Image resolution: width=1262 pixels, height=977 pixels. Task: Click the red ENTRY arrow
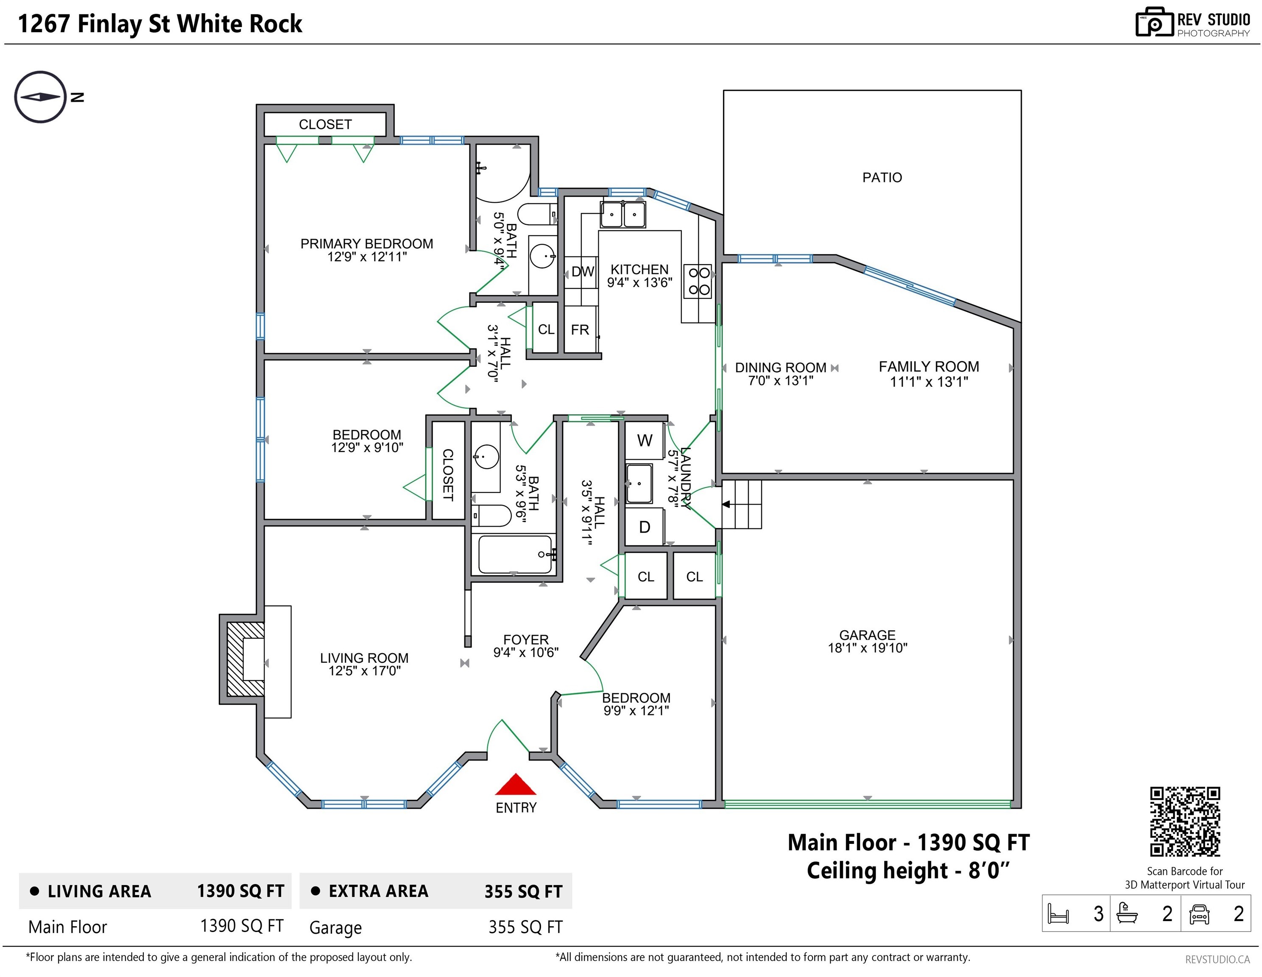coord(515,784)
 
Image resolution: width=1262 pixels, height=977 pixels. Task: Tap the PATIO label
coord(882,177)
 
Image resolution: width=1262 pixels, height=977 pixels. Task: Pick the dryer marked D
coord(644,526)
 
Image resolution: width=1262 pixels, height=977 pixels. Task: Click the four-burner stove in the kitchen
coord(698,282)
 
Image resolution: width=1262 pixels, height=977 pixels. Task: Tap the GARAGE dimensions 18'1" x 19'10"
coord(867,648)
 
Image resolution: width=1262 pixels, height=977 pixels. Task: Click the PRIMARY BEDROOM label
coord(366,244)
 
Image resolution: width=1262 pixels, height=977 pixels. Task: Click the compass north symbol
coord(40,97)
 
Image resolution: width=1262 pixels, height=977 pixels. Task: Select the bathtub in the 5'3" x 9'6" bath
coord(515,555)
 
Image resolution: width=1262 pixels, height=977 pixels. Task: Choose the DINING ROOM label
coord(781,368)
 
